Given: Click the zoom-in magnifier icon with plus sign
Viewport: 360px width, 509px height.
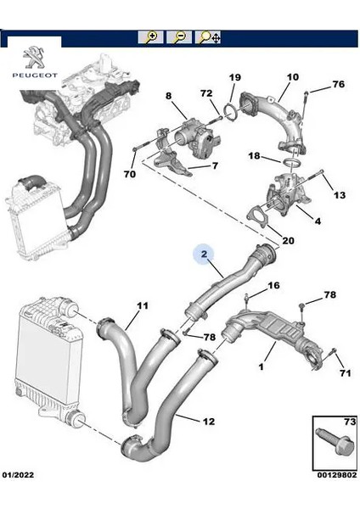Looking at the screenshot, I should point(152,37).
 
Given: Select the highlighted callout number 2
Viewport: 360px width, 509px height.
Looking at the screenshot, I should point(204,253).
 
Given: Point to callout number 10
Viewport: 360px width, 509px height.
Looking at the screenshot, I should point(292,78).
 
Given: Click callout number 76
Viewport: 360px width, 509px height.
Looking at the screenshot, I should point(338,84).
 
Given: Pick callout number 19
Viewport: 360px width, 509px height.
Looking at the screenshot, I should point(235,78).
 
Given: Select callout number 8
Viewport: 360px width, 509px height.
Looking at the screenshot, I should point(169,96).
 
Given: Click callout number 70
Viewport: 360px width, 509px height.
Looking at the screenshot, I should point(130,175).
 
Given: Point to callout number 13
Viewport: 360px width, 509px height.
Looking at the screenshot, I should point(339,195).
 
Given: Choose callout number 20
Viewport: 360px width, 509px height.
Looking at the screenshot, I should point(288,240).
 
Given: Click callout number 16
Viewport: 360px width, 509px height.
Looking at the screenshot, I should point(273,286).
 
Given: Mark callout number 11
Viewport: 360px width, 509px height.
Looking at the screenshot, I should point(142,305).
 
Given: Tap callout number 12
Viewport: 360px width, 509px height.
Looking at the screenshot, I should point(209,420).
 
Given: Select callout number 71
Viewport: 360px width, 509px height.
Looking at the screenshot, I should point(345,372).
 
